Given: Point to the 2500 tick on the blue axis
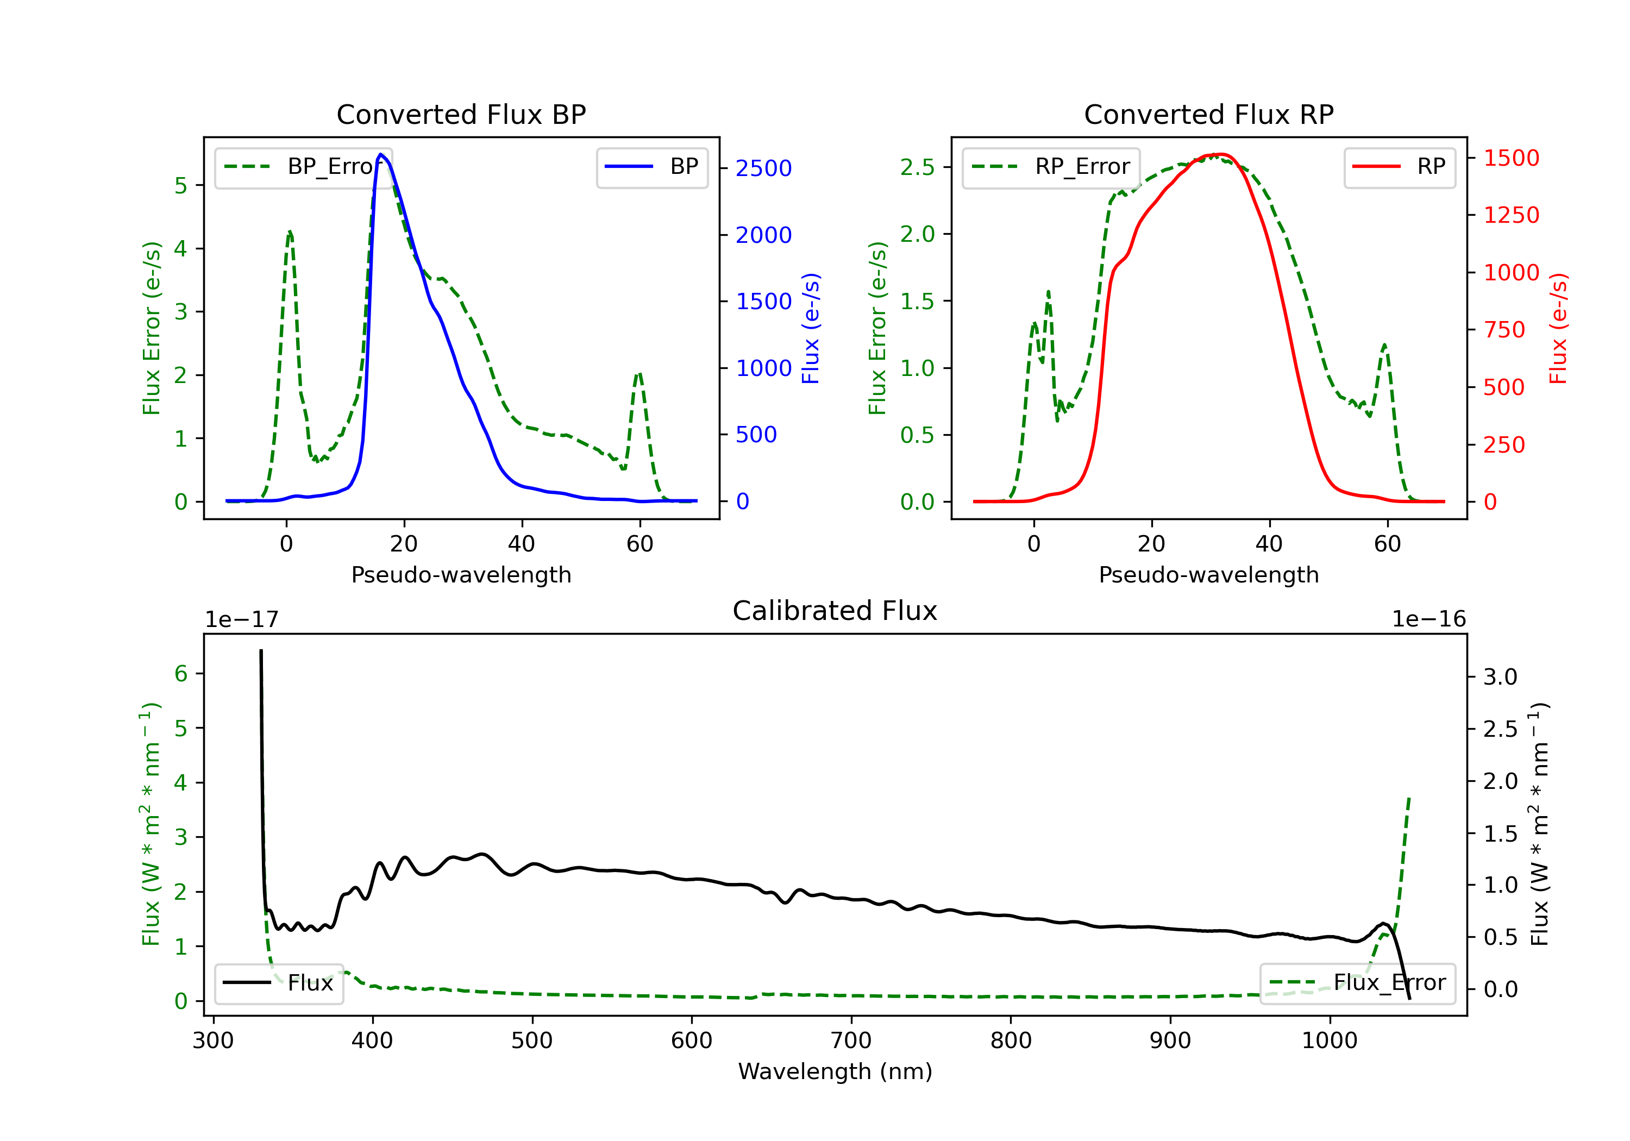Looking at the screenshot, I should [763, 169].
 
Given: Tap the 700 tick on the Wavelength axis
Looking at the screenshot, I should [850, 1041].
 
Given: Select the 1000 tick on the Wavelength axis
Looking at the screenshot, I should [1329, 1041].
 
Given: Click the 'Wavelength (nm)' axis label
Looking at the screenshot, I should [835, 1071].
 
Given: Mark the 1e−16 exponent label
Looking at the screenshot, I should [1428, 619].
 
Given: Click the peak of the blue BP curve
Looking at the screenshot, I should [380, 154].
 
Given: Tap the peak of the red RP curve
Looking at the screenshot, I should [1218, 154].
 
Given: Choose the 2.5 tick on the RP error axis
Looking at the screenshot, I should [917, 167].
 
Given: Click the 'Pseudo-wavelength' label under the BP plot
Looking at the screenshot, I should [461, 575].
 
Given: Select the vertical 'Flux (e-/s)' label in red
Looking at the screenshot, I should [1558, 329].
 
